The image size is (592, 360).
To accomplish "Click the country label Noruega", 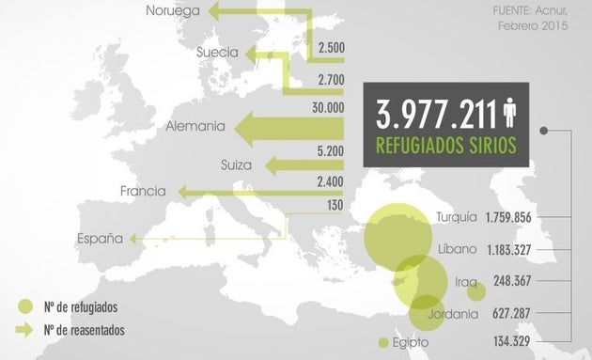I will (171, 11).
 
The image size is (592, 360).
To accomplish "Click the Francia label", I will (143, 192).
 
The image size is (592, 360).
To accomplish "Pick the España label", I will (101, 240).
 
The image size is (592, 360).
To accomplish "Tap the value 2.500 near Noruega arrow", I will (332, 47).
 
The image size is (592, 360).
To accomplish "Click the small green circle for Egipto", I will (382, 342).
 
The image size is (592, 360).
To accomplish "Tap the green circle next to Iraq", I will (476, 291).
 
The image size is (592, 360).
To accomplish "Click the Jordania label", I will (453, 314).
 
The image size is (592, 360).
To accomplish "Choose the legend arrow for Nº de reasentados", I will (26, 330).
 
